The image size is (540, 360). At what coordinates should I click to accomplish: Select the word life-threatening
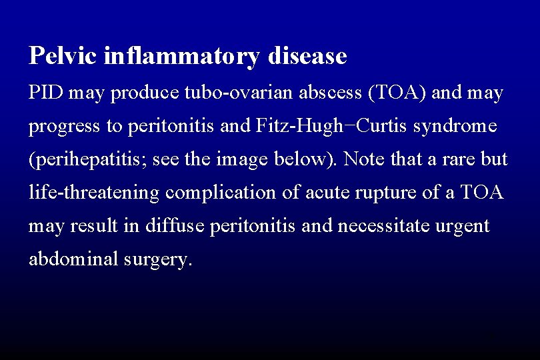pyautogui.click(x=94, y=193)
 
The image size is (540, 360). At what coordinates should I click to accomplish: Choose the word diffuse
pyautogui.click(x=179, y=225)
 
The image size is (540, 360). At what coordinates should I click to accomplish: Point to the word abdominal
pyautogui.click(x=73, y=259)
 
